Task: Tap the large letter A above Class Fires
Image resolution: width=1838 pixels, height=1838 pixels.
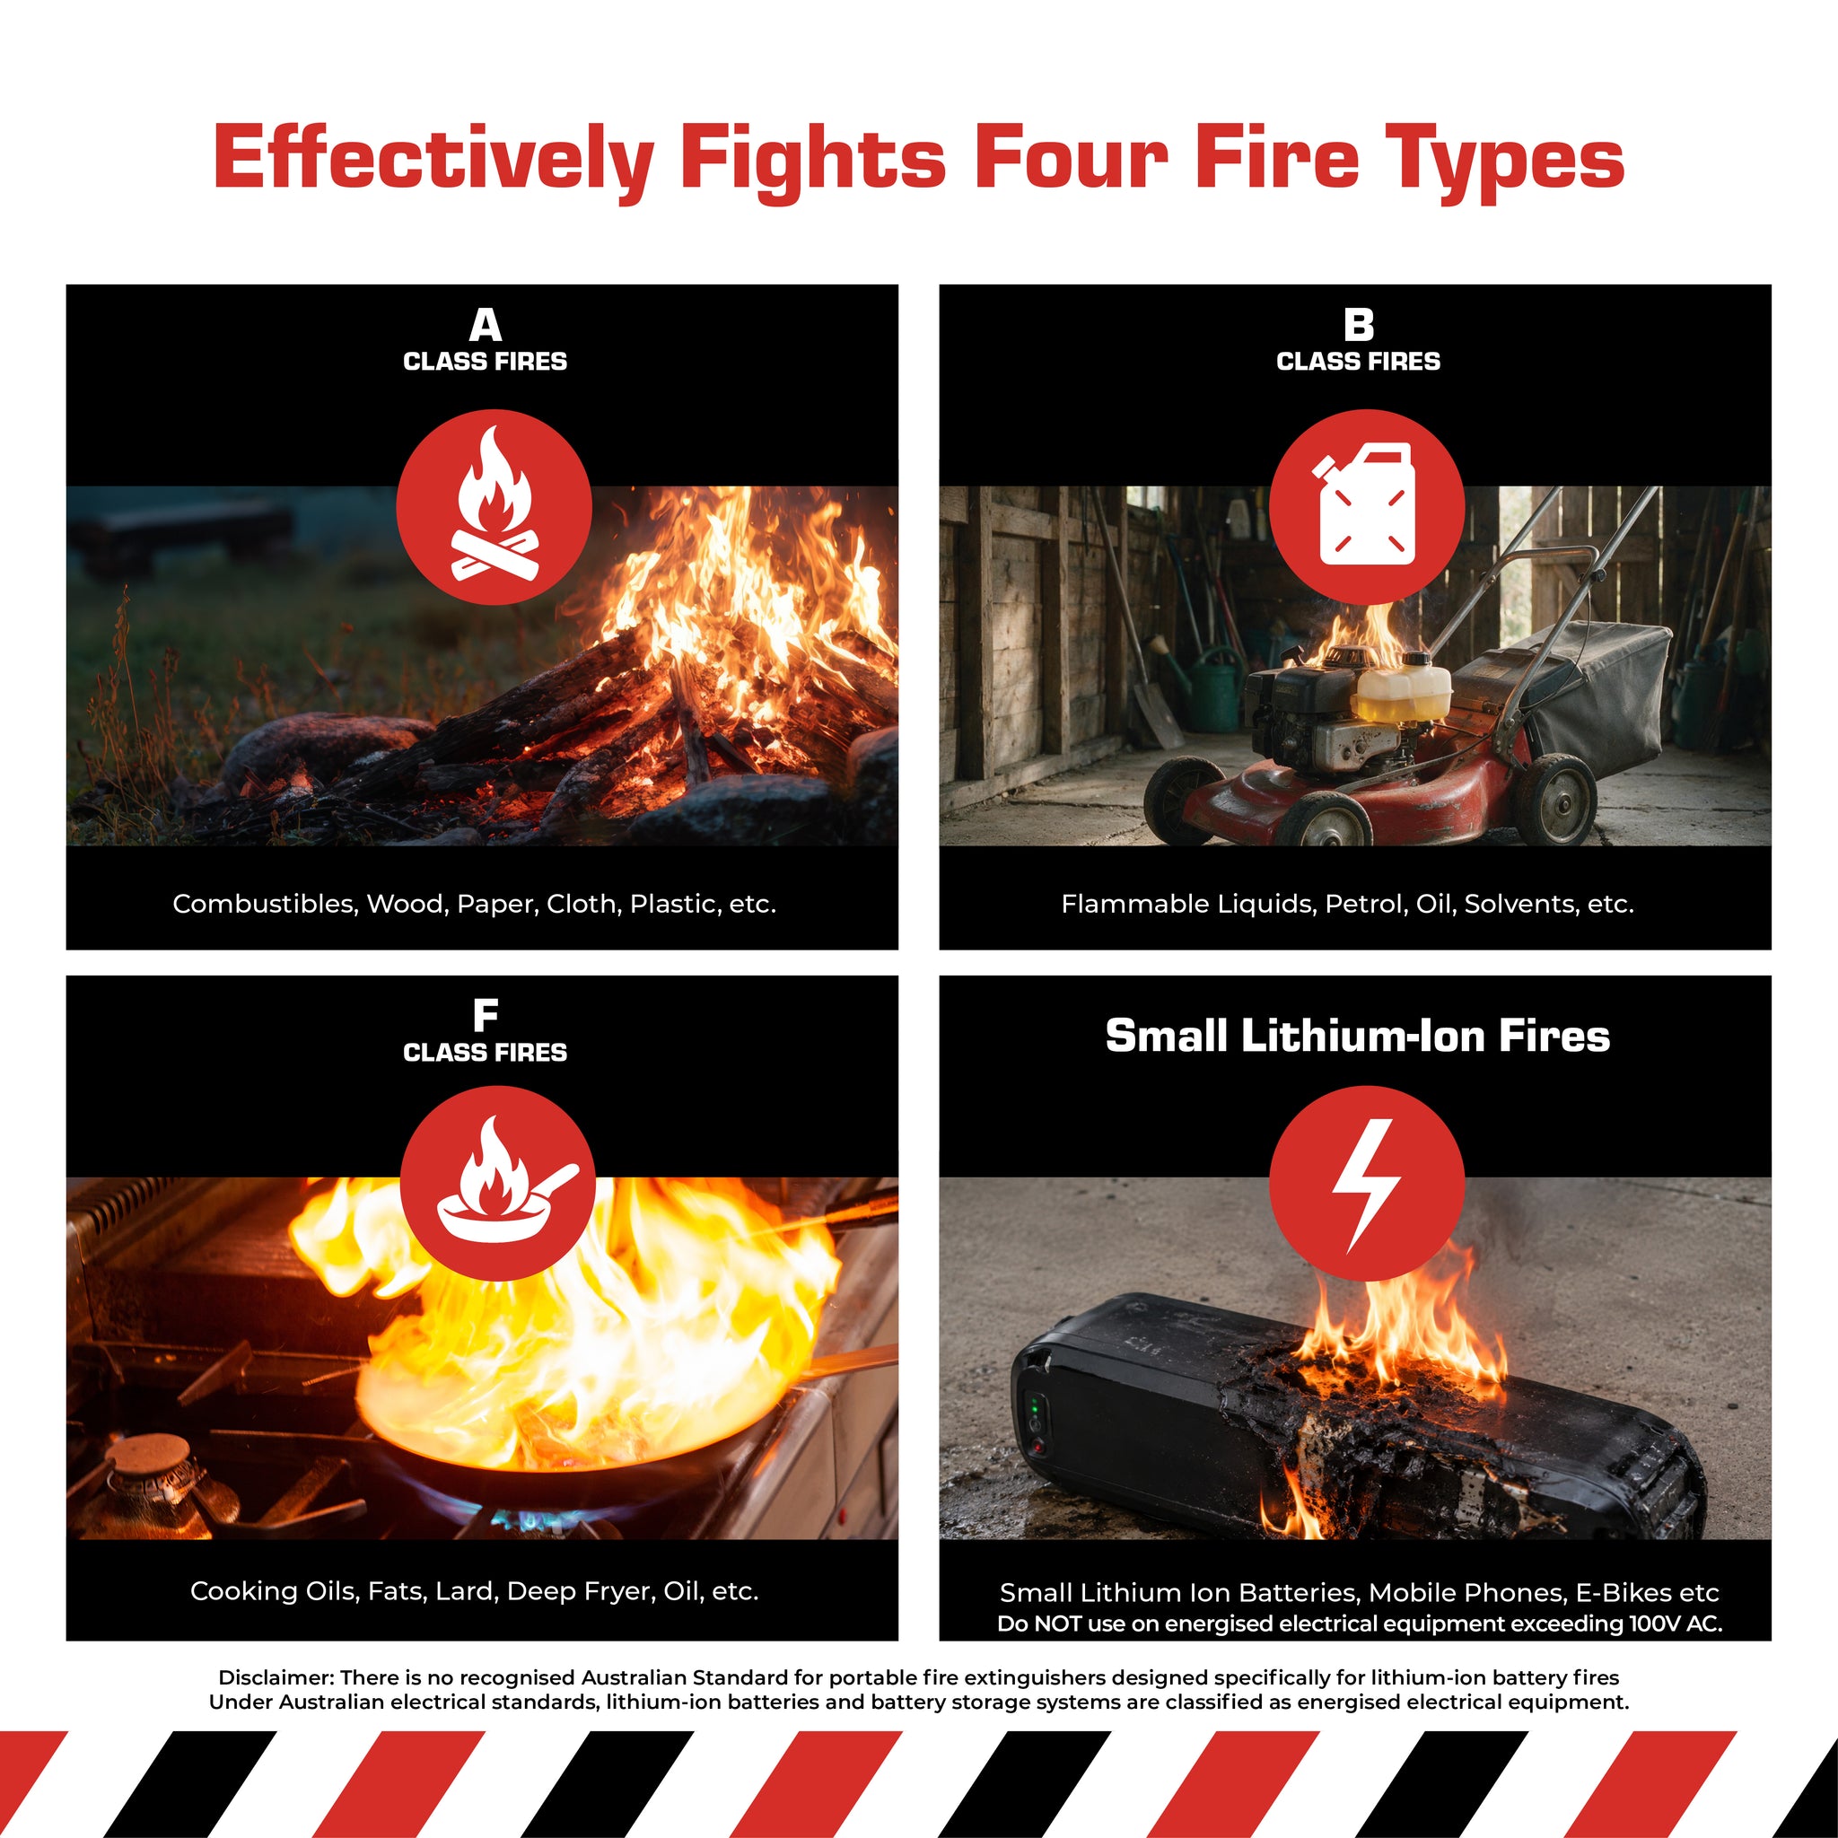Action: (x=486, y=324)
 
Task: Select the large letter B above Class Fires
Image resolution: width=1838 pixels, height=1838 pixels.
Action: (x=1359, y=324)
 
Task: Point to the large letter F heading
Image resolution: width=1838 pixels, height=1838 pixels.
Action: (x=486, y=1015)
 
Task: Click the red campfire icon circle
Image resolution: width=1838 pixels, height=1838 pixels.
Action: (x=494, y=507)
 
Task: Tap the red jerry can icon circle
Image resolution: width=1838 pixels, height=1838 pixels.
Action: (x=1367, y=507)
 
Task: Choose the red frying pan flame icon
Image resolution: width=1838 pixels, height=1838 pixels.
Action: (x=497, y=1183)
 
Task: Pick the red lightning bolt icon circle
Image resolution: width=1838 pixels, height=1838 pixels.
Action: (x=1367, y=1183)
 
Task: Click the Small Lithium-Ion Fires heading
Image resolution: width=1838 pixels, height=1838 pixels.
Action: (x=1358, y=1035)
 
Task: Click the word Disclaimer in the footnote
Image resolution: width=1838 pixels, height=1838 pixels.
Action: (x=273, y=1677)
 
